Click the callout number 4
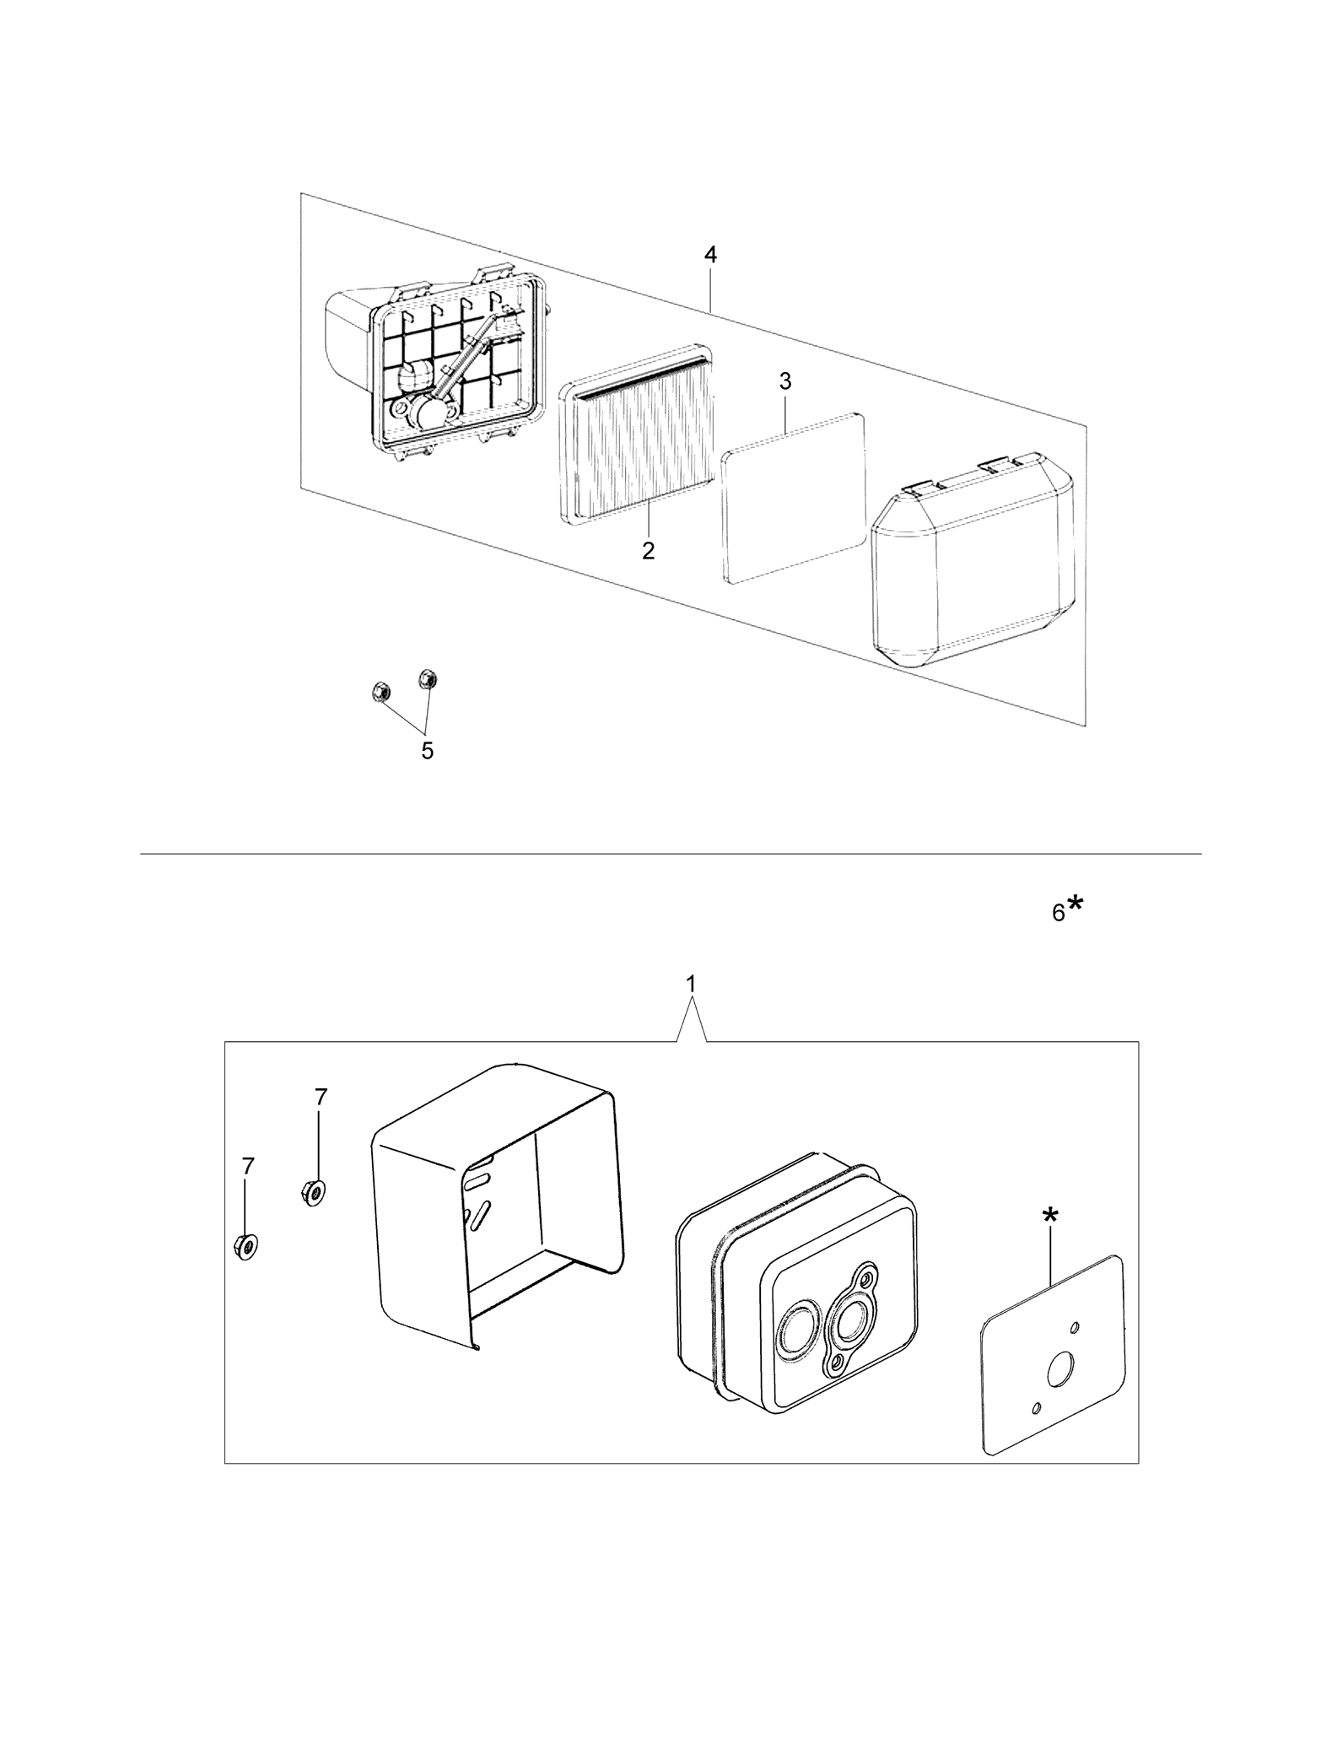click(710, 256)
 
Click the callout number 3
click(785, 381)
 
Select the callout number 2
click(648, 551)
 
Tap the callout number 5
click(428, 750)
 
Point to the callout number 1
click(692, 984)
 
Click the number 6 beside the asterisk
click(1059, 913)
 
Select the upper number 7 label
click(321, 1097)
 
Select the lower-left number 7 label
click(247, 1166)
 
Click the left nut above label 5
click(380, 692)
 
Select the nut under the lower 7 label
click(245, 1247)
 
